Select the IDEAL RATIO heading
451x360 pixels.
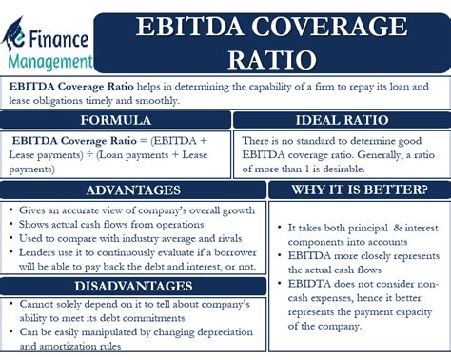point(340,121)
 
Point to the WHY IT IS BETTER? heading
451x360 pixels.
point(359,190)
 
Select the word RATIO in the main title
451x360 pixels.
point(274,59)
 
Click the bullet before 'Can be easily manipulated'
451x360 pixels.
point(9,334)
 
